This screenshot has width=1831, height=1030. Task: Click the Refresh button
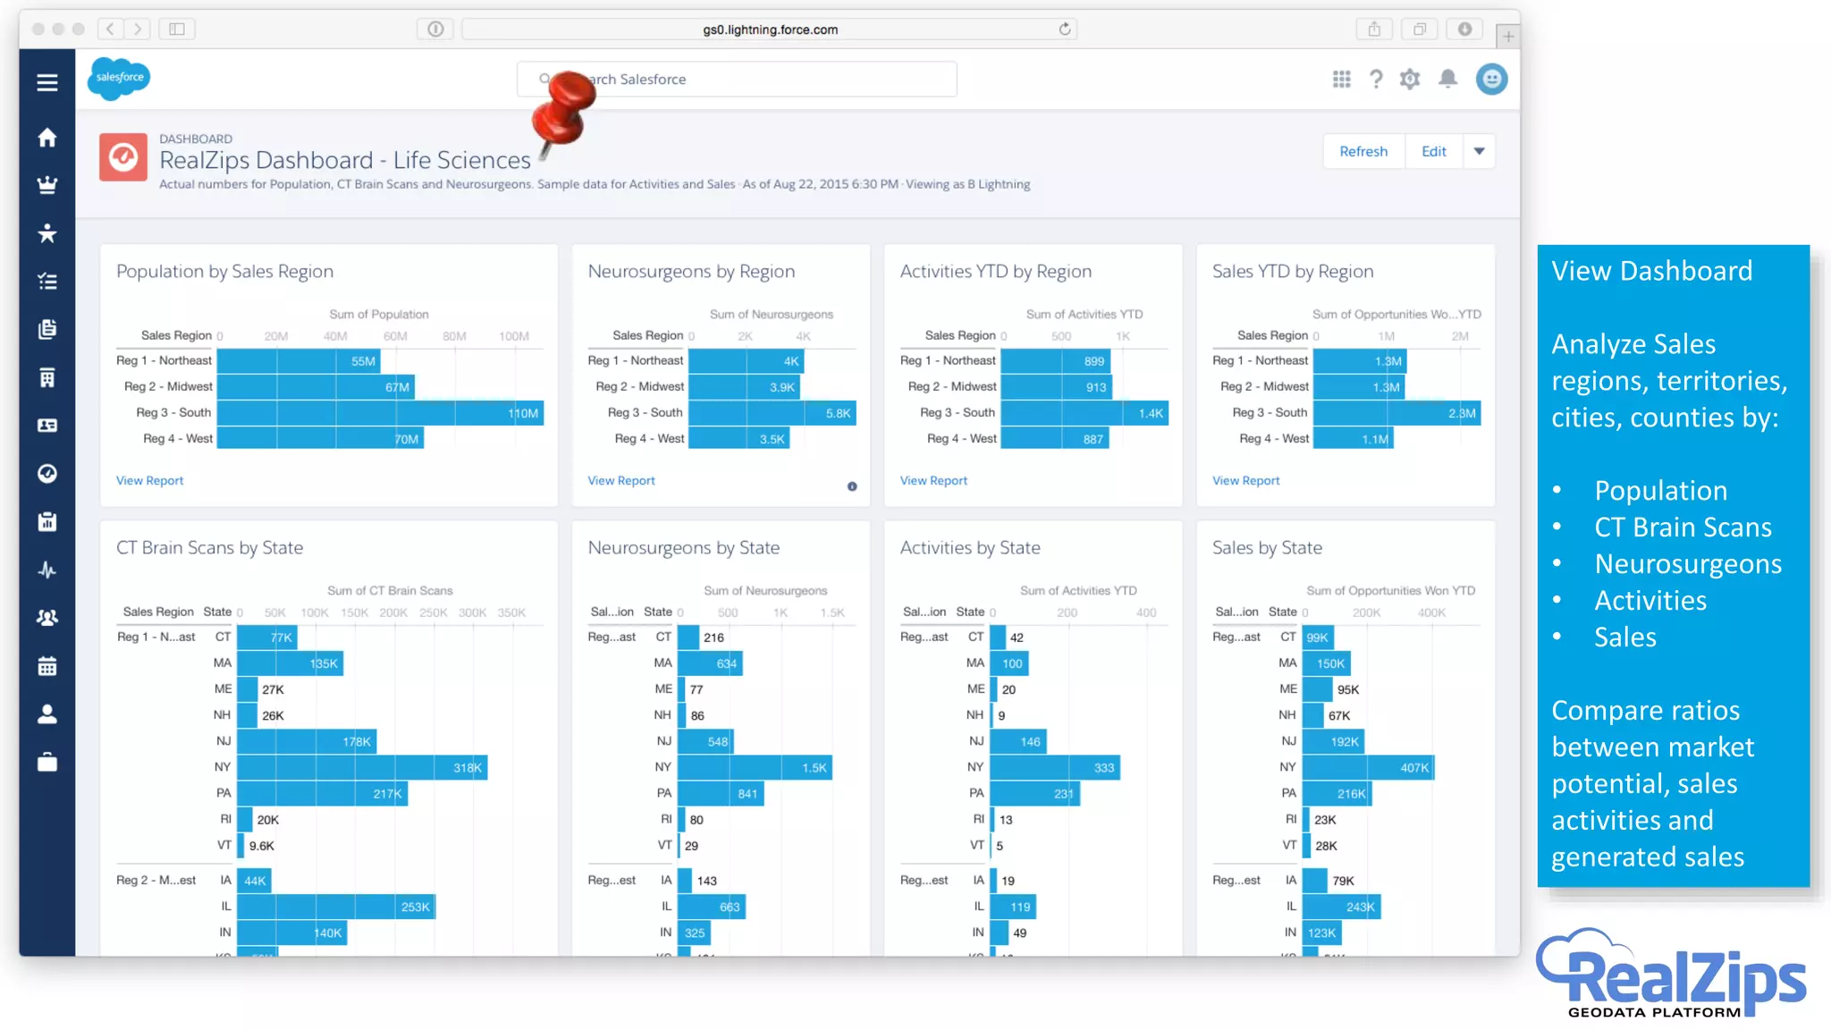(x=1363, y=152)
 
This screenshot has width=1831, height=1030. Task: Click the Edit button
(x=1433, y=152)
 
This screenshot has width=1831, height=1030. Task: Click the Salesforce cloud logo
(x=119, y=79)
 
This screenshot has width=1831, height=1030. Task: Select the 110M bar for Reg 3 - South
(x=380, y=413)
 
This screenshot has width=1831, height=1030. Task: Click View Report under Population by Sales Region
(x=149, y=481)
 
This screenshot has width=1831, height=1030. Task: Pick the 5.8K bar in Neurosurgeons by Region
(x=772, y=413)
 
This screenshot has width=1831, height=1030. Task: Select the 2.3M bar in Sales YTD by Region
(x=1396, y=413)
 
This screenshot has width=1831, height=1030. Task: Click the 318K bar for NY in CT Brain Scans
(x=362, y=768)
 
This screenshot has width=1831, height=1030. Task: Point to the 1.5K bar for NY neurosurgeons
(x=755, y=768)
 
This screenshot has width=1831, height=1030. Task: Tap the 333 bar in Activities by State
(x=1054, y=768)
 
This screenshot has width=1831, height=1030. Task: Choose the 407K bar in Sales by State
(x=1368, y=768)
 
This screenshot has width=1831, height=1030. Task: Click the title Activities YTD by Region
(x=995, y=272)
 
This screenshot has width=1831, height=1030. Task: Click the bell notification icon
(x=1447, y=80)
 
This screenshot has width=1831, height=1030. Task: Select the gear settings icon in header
(x=1410, y=80)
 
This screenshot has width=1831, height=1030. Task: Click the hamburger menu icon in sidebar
(x=47, y=82)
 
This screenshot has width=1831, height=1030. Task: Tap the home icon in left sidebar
(x=47, y=137)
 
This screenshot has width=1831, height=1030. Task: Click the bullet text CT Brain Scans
(x=1683, y=528)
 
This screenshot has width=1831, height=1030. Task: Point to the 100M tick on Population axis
(x=514, y=337)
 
